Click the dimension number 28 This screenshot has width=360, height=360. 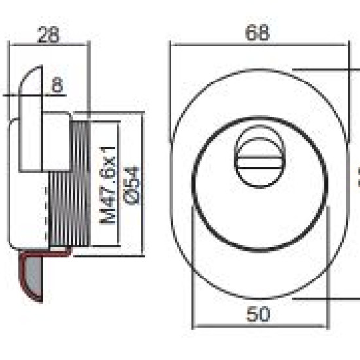[x=48, y=35]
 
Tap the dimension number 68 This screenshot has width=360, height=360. [x=257, y=33]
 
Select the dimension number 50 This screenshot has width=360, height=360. [x=259, y=314]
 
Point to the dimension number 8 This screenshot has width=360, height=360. [x=58, y=84]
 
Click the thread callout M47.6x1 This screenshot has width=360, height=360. [x=107, y=185]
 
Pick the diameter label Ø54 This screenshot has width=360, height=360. [x=132, y=185]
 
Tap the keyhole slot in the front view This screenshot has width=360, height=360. [x=260, y=162]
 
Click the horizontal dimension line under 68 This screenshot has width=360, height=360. [x=260, y=45]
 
